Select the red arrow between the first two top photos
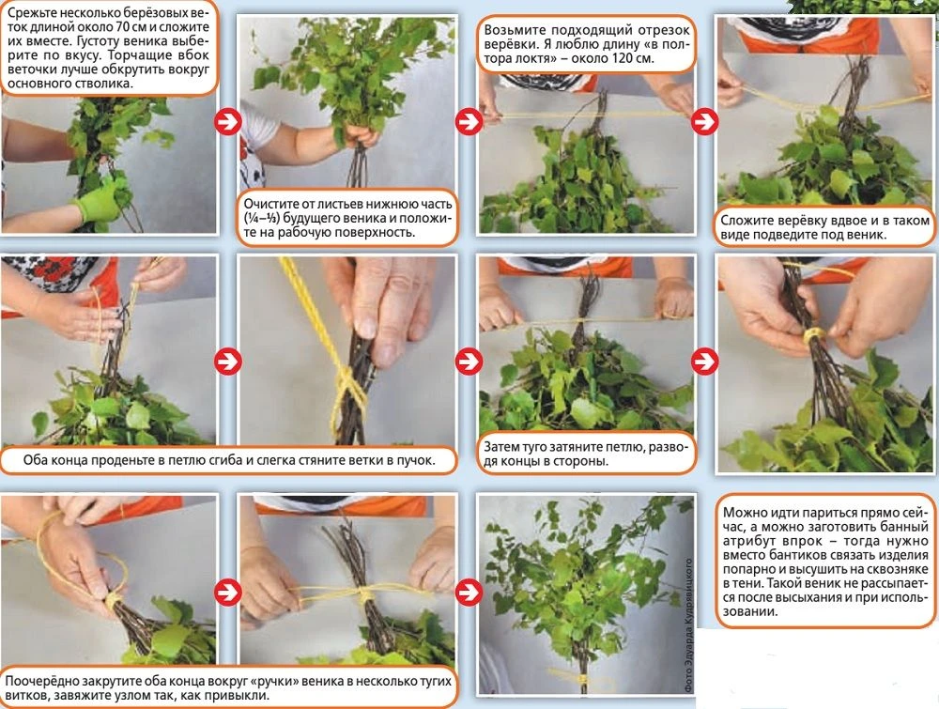(x=227, y=121)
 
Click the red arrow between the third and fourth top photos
(x=705, y=121)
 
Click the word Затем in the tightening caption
(x=500, y=447)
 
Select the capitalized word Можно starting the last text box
(x=743, y=513)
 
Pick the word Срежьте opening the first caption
(x=29, y=12)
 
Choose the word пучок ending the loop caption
(x=416, y=460)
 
